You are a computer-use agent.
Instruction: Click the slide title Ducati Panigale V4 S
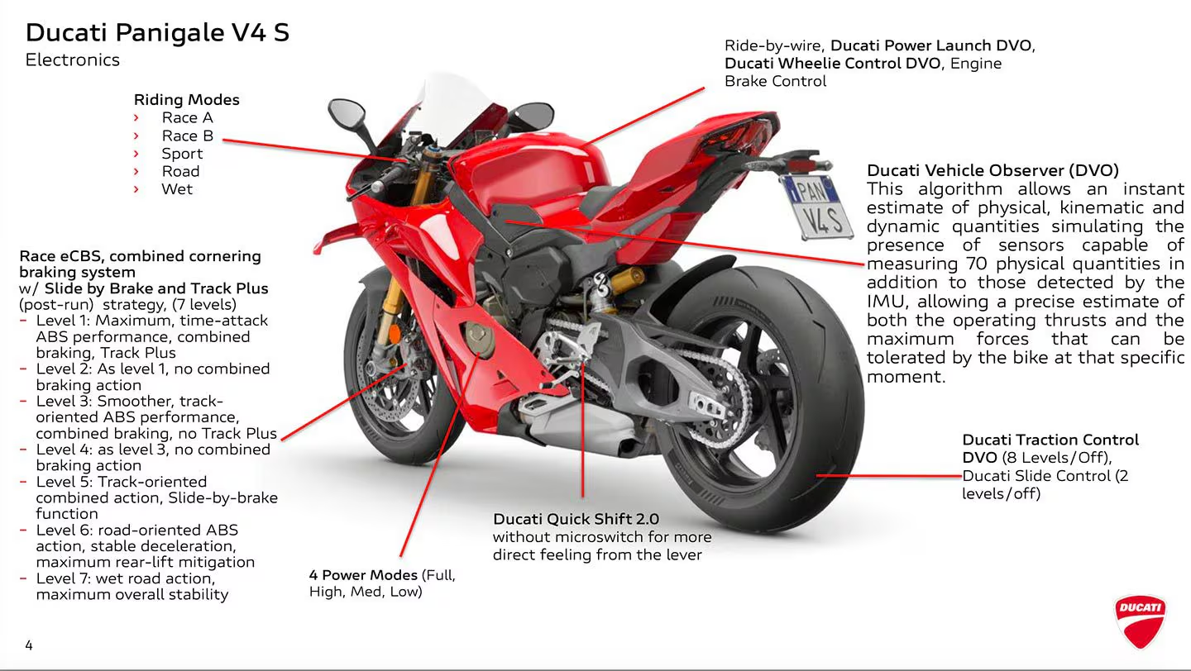[157, 32]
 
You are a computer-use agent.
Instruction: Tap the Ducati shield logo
[1141, 621]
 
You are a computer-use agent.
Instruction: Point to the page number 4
[29, 645]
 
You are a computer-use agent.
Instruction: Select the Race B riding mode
[187, 136]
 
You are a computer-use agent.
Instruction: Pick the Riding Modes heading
[186, 99]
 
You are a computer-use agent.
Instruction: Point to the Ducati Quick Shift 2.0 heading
[576, 519]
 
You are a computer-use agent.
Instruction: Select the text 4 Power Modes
[363, 574]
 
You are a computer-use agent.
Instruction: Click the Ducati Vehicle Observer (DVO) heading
[992, 170]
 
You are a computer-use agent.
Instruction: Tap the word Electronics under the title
[73, 59]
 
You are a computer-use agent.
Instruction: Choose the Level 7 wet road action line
[125, 578]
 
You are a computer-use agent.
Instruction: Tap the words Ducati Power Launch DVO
[932, 45]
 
